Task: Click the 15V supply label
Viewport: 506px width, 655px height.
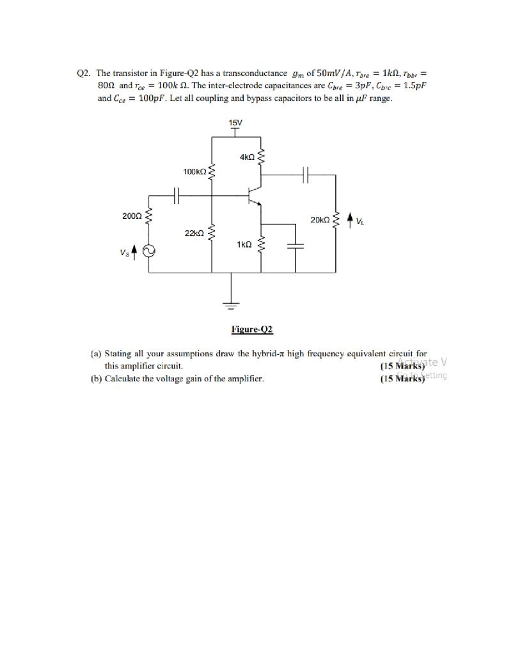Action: click(x=235, y=123)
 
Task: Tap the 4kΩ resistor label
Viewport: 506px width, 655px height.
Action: click(x=248, y=157)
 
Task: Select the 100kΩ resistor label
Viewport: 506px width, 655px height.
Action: click(x=194, y=171)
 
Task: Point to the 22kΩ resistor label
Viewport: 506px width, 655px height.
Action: click(x=194, y=233)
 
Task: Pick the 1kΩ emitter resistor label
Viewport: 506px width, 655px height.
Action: click(x=244, y=244)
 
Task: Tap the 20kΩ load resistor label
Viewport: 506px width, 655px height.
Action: click(x=320, y=220)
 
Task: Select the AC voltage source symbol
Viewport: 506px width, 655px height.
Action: click(x=148, y=251)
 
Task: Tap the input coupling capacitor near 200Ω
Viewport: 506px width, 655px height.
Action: click(x=177, y=195)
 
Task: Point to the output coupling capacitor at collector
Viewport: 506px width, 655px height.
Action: click(x=306, y=173)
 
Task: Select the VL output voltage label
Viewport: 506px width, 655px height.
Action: click(x=360, y=222)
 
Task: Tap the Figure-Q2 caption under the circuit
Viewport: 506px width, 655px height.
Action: click(x=252, y=329)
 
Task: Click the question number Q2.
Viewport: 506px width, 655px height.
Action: click(x=83, y=74)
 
